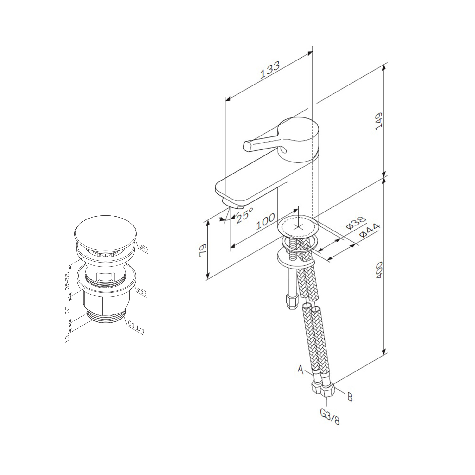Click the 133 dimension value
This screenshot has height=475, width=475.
click(270, 70)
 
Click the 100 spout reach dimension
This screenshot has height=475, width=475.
click(265, 221)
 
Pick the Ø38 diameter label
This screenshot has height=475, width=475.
click(356, 223)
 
